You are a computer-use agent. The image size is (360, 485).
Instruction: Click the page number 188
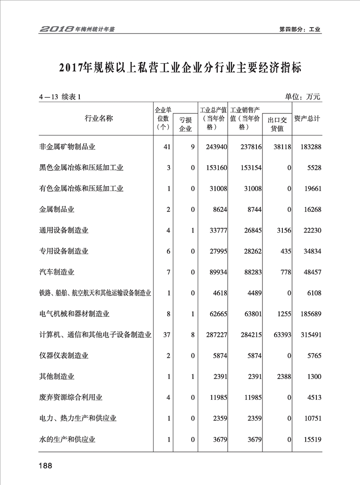[45, 466]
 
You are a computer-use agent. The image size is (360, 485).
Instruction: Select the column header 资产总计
[307, 119]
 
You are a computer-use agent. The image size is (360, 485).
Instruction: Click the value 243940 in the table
[215, 147]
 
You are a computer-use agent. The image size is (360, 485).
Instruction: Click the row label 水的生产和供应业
[67, 439]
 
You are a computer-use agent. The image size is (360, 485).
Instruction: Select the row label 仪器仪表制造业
[64, 356]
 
